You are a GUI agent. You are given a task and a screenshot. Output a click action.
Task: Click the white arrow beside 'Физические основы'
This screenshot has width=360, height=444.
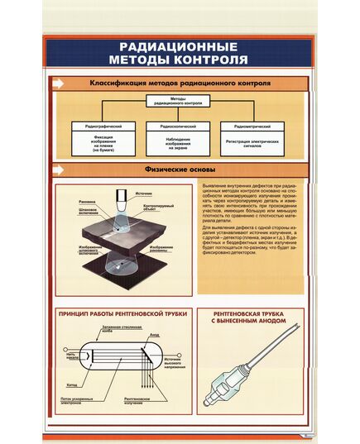[59, 169]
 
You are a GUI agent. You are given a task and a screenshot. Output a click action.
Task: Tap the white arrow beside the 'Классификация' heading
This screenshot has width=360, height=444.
[59, 83]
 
